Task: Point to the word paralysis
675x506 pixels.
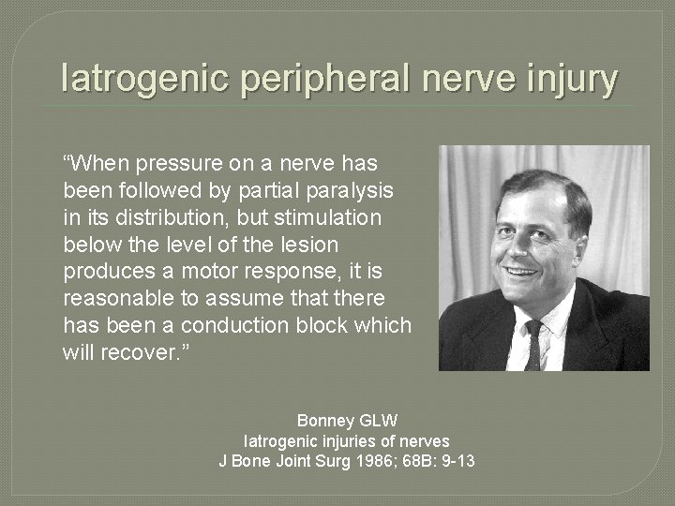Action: tap(353, 189)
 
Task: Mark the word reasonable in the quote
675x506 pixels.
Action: tap(124, 298)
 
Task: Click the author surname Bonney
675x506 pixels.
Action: tap(323, 421)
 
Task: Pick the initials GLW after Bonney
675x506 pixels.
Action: tap(368, 421)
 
